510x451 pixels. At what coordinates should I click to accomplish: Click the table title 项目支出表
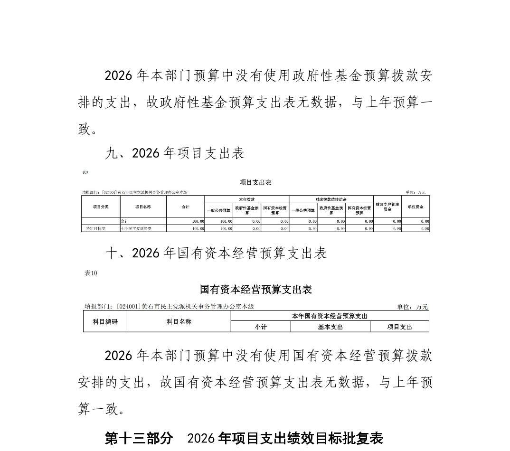[x=255, y=182]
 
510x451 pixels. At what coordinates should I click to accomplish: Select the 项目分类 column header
[x=101, y=207]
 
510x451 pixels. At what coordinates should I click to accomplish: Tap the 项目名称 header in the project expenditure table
[x=143, y=207]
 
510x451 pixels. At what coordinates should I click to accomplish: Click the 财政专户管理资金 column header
[x=387, y=207]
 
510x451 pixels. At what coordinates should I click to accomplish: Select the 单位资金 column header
[x=416, y=207]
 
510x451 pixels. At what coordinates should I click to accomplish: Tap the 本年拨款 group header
[x=247, y=199]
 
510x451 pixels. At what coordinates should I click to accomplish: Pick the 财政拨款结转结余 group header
[x=331, y=199]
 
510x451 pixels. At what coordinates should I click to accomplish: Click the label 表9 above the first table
[x=85, y=172]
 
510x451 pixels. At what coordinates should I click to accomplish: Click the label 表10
[x=91, y=273]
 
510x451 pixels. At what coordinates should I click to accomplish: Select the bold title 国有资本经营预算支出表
[x=255, y=290]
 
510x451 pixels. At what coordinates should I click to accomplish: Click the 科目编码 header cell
[x=105, y=321]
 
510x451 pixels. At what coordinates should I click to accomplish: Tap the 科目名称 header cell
[x=179, y=321]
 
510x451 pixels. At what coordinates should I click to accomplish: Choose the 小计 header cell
[x=261, y=327]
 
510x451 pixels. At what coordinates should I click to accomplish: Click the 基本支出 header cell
[x=330, y=327]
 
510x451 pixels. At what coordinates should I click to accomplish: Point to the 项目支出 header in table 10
[x=399, y=327]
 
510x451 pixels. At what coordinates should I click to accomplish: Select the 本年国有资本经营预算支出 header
[x=330, y=316]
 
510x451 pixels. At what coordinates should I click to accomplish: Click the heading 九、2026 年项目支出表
[x=175, y=153]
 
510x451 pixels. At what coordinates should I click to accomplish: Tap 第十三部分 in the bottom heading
[x=139, y=438]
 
